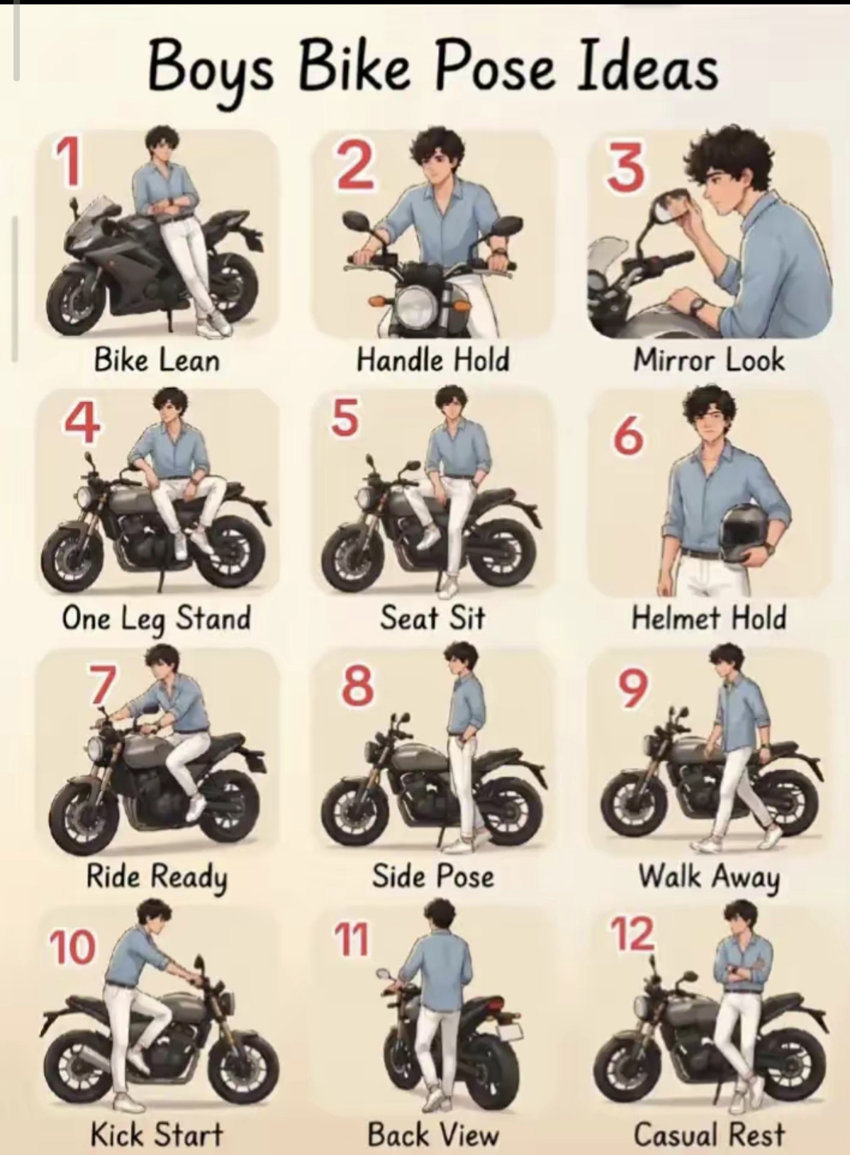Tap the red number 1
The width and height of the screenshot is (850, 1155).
point(69,163)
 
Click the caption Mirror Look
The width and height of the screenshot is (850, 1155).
point(709,359)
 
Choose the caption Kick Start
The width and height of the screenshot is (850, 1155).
point(157,1134)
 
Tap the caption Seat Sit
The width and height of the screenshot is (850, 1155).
point(433,618)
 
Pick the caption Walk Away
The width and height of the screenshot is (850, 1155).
point(709,878)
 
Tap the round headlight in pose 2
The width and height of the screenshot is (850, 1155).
point(414,307)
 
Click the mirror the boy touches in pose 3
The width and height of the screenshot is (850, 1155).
point(670,207)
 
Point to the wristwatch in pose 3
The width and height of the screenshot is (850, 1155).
point(698,307)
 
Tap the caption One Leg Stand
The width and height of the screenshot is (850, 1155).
point(156,619)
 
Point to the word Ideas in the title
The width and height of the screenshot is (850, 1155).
point(647,68)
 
